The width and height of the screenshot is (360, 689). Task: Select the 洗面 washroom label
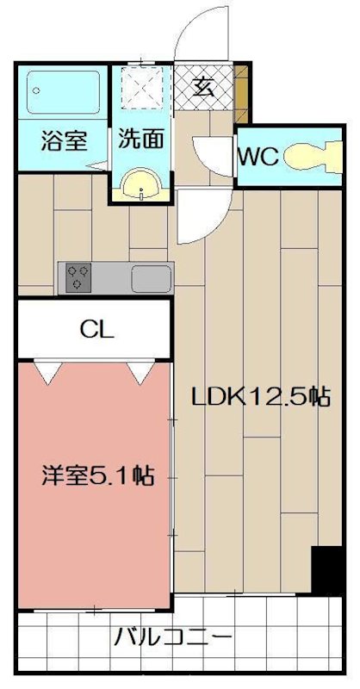pyautogui.click(x=138, y=140)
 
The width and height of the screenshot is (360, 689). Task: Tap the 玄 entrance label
pyautogui.click(x=203, y=87)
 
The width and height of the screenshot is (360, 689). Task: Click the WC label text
pyautogui.click(x=258, y=157)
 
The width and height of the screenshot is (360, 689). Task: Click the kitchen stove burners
pyautogui.click(x=79, y=276)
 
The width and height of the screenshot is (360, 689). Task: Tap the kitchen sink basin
pyautogui.click(x=151, y=277)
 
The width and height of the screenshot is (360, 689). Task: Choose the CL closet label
pyautogui.click(x=96, y=328)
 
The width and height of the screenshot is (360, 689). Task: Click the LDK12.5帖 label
pyautogui.click(x=261, y=397)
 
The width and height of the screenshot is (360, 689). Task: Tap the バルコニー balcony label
pyautogui.click(x=172, y=639)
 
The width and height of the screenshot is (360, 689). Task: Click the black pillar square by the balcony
pyautogui.click(x=327, y=568)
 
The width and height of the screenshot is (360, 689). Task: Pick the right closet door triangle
pyautogui.click(x=138, y=372)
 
